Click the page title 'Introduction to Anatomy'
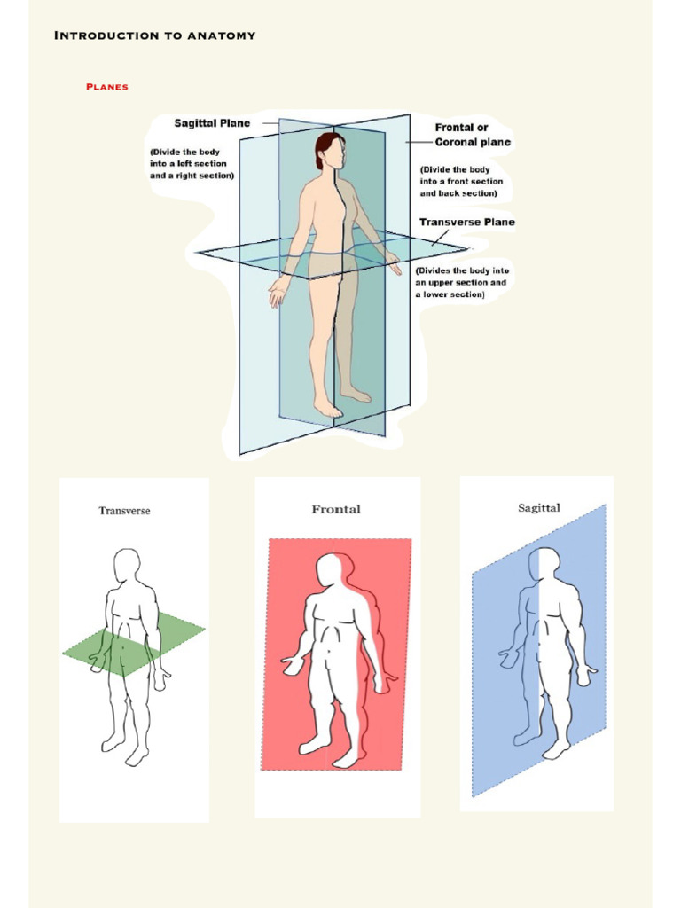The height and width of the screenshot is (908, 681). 154,35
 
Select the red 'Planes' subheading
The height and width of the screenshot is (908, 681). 107,87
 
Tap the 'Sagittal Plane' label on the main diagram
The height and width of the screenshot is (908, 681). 212,122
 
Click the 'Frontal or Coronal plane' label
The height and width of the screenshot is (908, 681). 473,135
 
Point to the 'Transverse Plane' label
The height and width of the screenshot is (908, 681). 466,222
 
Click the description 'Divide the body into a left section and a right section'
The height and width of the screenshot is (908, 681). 192,163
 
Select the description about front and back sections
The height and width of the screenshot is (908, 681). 461,181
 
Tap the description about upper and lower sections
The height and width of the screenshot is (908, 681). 462,283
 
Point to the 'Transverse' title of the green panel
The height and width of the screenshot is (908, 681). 124,511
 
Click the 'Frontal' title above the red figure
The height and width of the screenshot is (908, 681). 336,510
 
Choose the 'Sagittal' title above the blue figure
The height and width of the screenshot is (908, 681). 538,508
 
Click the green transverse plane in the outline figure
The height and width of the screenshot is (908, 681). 134,644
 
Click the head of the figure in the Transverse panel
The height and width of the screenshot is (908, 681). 126,565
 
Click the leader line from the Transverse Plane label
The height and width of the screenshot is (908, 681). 440,238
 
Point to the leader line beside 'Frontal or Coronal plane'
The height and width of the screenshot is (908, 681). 419,142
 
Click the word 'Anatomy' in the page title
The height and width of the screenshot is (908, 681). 221,35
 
